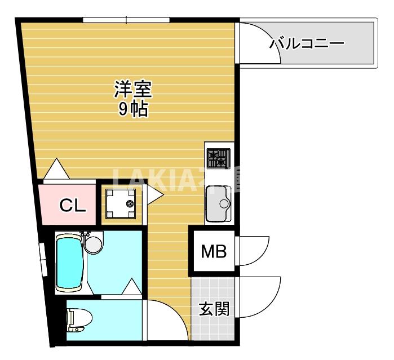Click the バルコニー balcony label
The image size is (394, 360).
307,43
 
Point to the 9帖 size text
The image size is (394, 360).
133,109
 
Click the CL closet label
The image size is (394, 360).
73,206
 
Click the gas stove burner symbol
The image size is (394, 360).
219,158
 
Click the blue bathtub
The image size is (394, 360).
71,263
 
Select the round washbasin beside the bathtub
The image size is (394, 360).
94,243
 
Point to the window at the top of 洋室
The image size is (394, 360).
126,21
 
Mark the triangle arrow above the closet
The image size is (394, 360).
55,170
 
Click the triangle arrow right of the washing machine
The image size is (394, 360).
154,195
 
